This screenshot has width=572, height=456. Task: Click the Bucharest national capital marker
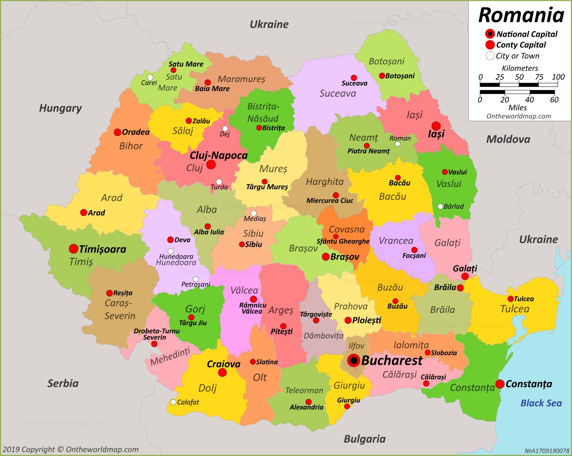pos(353,361)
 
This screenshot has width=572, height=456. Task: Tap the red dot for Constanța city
pos(500,384)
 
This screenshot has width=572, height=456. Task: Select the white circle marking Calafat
pos(173,402)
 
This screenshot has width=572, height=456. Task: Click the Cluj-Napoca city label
pos(218,155)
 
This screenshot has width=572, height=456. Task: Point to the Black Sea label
pos(541,403)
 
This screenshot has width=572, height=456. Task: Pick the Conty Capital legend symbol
pos(490,45)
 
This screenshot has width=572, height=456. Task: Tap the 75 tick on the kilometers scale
pos(539,77)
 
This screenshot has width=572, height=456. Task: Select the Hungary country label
pos(60,108)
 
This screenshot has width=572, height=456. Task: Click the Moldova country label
pos(508,139)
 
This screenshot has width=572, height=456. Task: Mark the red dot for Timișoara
pos(74,249)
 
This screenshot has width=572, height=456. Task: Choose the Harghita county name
pos(325,182)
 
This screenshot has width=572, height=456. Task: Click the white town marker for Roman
pos(397,144)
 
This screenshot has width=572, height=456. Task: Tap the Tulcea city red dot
pos(511,299)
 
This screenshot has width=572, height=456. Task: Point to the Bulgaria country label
pos(364,439)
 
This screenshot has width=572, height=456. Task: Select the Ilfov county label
pos(356,346)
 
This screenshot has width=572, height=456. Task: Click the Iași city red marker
pos(436,126)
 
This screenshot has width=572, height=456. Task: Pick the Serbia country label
pos(63,383)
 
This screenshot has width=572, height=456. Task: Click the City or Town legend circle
pos(490,56)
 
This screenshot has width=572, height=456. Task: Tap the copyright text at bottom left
pos(70,449)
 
